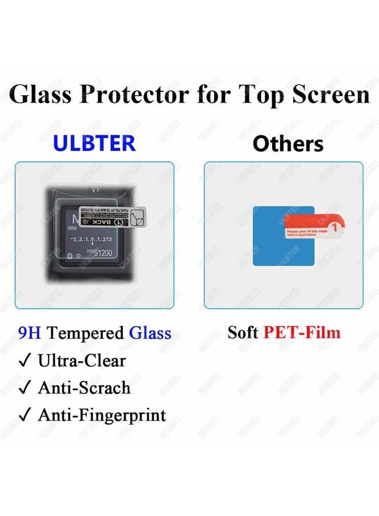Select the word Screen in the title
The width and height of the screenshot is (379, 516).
330,94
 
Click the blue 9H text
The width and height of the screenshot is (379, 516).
30,333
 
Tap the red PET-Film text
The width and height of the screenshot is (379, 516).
302,333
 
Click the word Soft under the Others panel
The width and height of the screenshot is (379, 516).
243,333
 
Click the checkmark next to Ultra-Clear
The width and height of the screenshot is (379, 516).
25,361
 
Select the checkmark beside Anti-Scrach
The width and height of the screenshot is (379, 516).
25,388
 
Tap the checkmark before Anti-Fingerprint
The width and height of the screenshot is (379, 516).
25,415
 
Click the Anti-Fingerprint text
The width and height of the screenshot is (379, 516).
102,415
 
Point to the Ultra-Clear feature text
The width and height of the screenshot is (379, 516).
82,361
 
